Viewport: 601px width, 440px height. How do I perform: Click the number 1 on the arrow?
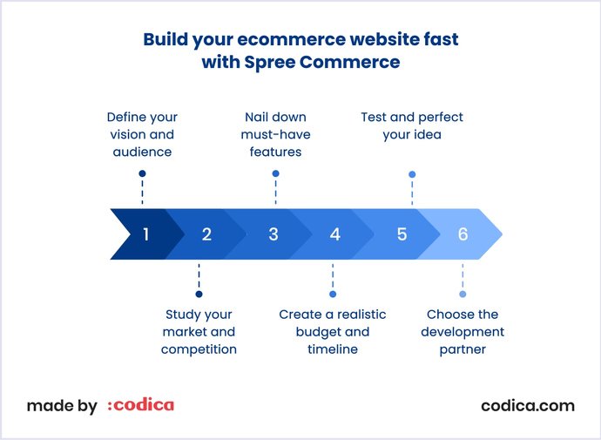coord(145,234)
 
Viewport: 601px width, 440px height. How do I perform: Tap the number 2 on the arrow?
coord(206,234)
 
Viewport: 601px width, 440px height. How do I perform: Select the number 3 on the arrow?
coord(273,234)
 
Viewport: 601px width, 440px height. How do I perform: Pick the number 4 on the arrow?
coord(334,234)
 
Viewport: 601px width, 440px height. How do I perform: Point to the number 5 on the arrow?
coord(402,234)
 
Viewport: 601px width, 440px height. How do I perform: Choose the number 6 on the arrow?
coord(463,234)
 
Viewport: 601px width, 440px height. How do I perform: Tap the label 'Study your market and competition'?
coord(199,332)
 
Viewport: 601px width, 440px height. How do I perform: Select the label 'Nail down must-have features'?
coord(275,134)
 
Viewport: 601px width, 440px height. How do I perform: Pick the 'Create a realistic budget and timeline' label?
coord(333,332)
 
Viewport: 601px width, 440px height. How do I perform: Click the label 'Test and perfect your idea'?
coord(412,125)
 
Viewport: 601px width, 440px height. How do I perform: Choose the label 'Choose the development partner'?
coord(463,332)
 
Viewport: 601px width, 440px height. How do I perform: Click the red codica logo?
coord(140,405)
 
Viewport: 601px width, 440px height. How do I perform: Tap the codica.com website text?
coord(528,405)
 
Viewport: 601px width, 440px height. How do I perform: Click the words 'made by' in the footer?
coord(62,406)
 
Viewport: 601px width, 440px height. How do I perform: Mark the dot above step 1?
coord(142,173)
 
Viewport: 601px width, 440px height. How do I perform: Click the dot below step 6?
coord(463,294)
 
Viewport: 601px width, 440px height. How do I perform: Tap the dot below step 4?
coord(333,294)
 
